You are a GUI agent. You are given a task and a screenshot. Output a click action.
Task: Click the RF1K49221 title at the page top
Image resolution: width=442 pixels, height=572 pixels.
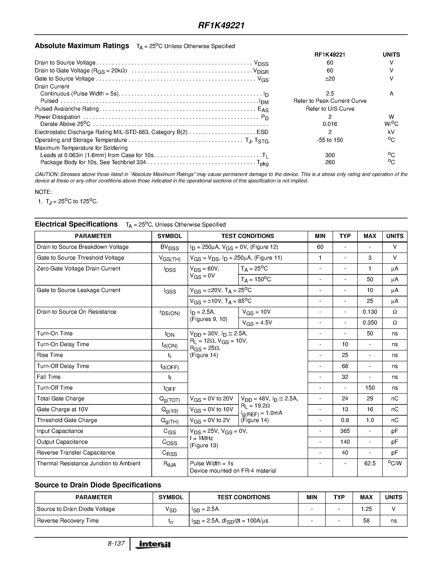tap(221, 25)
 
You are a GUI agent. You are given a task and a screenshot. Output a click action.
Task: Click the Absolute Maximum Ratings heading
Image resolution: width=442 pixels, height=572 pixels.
tap(82, 46)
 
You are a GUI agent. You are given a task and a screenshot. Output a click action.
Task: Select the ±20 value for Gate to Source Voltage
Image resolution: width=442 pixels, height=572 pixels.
tap(330, 79)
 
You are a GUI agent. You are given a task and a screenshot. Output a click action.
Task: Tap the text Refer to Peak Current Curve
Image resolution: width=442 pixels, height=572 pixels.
tap(330, 101)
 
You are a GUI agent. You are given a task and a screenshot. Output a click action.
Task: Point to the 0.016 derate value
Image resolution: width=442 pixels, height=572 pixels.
tap(330, 124)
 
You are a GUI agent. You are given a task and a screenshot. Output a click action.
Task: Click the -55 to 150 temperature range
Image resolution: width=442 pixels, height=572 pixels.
tap(330, 140)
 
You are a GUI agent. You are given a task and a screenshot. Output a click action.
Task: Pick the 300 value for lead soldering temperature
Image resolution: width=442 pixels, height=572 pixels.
tap(330, 155)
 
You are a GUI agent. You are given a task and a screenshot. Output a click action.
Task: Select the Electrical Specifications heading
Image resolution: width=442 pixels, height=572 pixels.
tap(76, 224)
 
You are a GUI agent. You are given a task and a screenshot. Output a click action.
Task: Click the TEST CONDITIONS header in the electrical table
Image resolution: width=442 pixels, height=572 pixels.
tap(248, 236)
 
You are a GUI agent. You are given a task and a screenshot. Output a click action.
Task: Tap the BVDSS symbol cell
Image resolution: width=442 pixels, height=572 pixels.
tap(169, 248)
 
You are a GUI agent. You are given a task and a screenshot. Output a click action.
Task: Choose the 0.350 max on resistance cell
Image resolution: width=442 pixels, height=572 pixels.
tap(370, 323)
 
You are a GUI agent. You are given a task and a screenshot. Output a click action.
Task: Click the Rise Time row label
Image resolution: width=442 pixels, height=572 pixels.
tap(50, 355)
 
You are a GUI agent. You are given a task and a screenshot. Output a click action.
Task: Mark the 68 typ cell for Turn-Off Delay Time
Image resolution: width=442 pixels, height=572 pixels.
tap(345, 366)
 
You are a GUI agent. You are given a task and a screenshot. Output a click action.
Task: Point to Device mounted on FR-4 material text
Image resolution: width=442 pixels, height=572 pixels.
tap(233, 471)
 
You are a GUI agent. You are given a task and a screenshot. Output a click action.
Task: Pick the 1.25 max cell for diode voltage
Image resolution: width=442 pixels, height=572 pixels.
tap(366, 509)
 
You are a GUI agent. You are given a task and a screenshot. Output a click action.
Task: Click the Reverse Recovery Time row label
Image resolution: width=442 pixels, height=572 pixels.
tap(68, 521)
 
